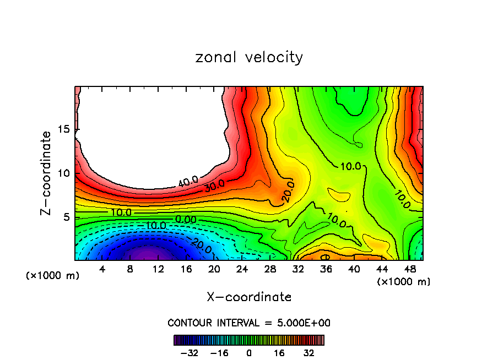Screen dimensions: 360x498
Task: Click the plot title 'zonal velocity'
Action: (x=249, y=57)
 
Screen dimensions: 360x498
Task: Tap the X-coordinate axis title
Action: (x=249, y=297)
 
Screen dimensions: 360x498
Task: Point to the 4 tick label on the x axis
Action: (x=102, y=269)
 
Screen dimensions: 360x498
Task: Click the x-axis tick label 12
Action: (x=158, y=269)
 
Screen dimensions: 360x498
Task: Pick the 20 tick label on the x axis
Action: (x=214, y=269)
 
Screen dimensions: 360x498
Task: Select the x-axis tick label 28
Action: (x=270, y=269)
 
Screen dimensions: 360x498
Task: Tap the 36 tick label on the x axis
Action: (x=326, y=269)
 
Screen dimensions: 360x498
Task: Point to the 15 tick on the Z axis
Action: (x=64, y=129)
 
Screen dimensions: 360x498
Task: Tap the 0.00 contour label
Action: (x=186, y=219)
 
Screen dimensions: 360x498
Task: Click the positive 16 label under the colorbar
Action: (x=279, y=353)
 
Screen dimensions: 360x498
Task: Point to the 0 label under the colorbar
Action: (x=249, y=353)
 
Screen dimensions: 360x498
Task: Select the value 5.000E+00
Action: (x=305, y=323)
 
